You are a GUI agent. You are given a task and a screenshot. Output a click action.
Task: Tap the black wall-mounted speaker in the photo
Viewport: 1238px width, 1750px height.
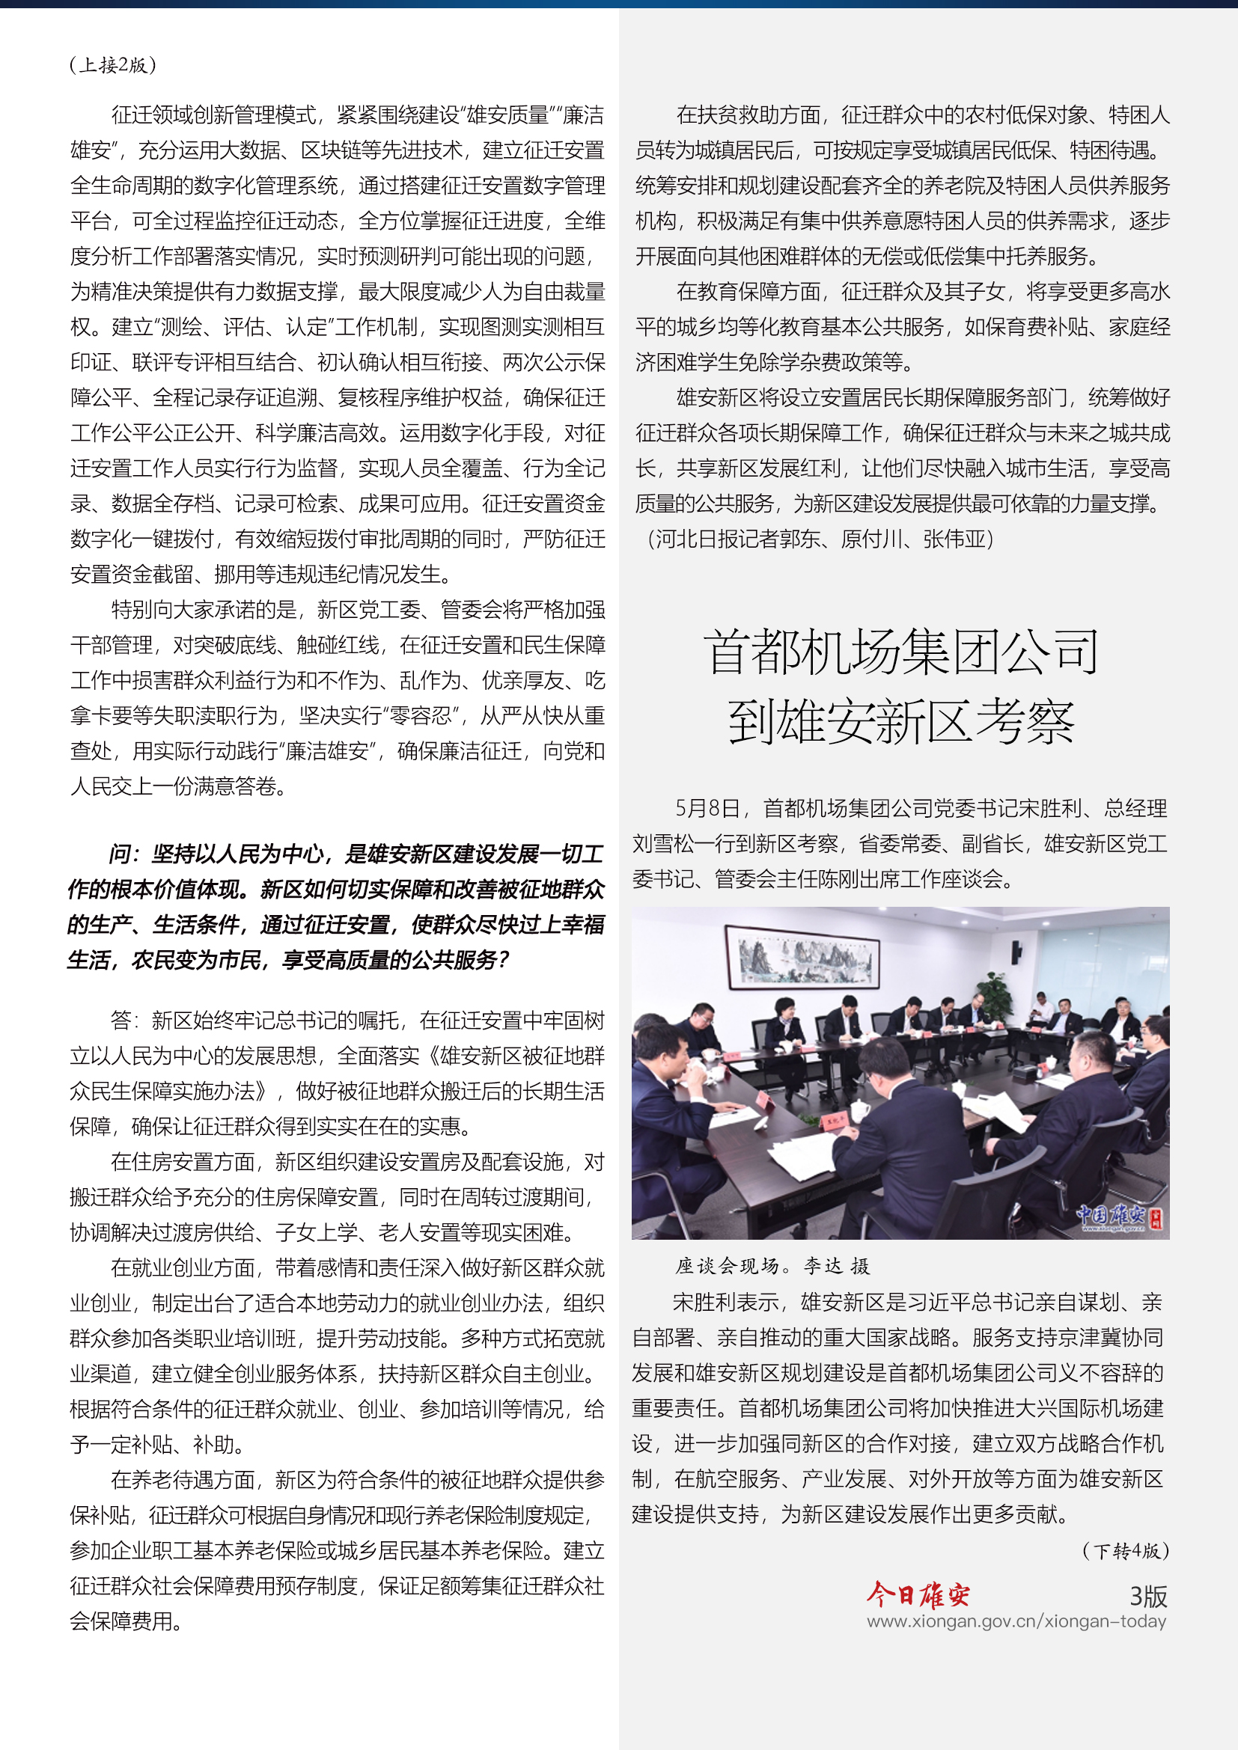pos(1016,952)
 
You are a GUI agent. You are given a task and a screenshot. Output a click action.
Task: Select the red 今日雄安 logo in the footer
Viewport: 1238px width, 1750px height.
pos(918,1594)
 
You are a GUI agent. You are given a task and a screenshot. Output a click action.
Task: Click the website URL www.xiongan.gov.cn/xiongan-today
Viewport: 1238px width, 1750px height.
pos(1016,1621)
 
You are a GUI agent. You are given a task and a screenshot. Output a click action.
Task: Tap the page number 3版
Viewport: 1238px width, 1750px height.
pos(1148,1596)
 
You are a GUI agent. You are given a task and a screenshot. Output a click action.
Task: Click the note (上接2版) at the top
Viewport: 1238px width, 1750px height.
pos(113,66)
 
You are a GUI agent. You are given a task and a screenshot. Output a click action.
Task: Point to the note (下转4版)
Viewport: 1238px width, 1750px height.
pos(1125,1551)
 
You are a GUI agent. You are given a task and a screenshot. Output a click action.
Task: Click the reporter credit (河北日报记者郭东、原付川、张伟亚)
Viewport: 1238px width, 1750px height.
pos(820,539)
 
